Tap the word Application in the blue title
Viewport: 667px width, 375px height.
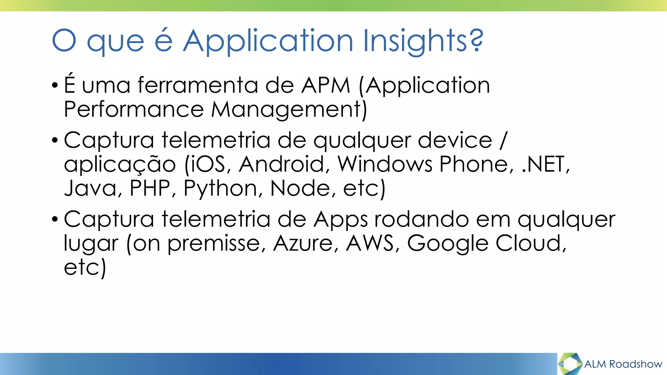point(268,41)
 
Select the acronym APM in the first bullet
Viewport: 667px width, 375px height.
point(325,85)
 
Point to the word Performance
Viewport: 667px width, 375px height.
point(134,109)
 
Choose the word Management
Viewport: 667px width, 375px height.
point(289,109)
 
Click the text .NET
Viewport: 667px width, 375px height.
point(545,164)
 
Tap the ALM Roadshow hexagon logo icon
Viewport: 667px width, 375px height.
point(570,364)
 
